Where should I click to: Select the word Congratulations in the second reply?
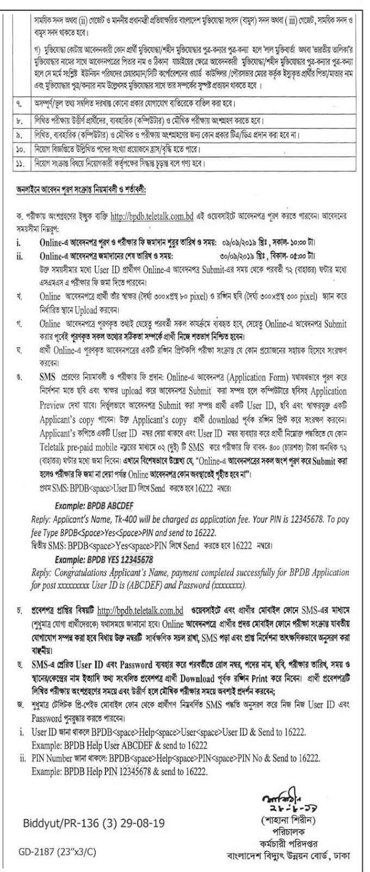click(90, 572)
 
